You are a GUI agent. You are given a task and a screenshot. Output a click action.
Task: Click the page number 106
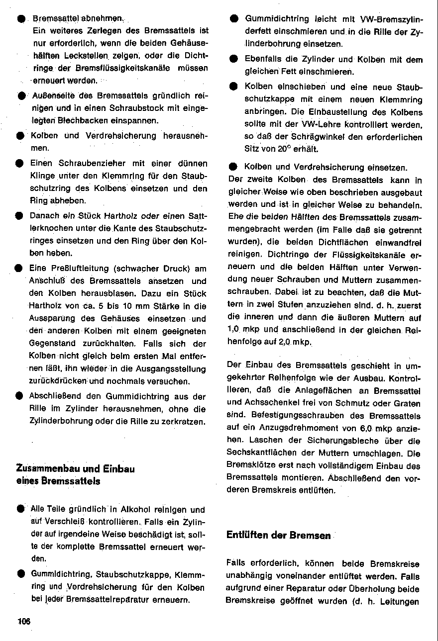click(x=24, y=621)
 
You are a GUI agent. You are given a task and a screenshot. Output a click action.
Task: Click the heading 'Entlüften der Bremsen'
click(x=278, y=535)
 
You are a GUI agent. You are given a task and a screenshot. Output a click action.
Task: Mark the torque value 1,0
click(x=234, y=329)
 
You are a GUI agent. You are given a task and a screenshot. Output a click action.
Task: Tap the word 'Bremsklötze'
click(x=249, y=465)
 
